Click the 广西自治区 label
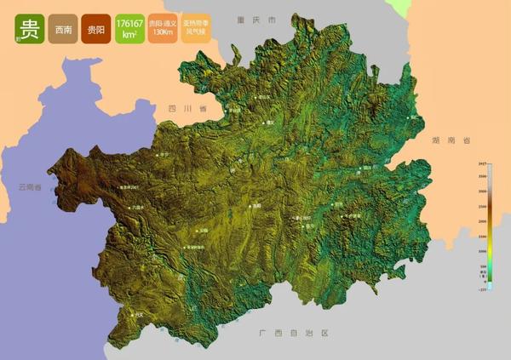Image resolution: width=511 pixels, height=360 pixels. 293,334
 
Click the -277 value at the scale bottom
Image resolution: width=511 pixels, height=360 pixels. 482,290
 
